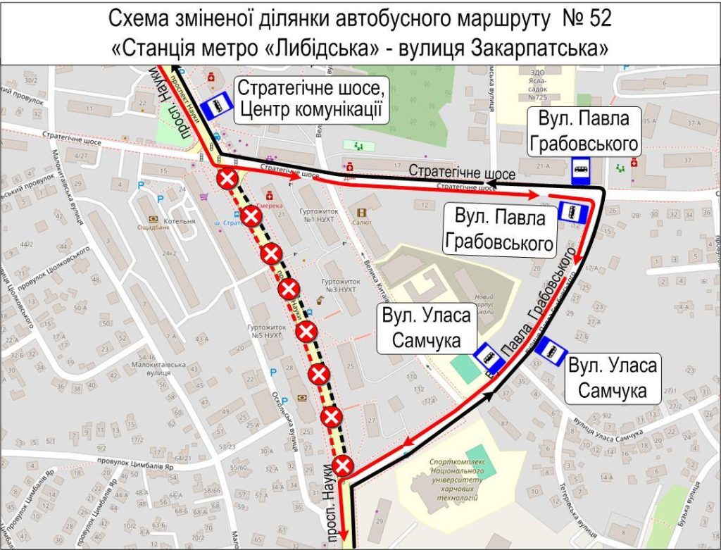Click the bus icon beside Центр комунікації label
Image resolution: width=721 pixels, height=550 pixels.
coord(216,106)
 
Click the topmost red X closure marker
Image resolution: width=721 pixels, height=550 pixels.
coord(227,180)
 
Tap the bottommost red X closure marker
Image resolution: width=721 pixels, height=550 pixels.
coord(342,465)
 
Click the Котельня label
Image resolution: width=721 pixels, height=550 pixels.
coord(179,220)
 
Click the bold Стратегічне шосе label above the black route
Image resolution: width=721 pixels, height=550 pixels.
coord(462,173)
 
